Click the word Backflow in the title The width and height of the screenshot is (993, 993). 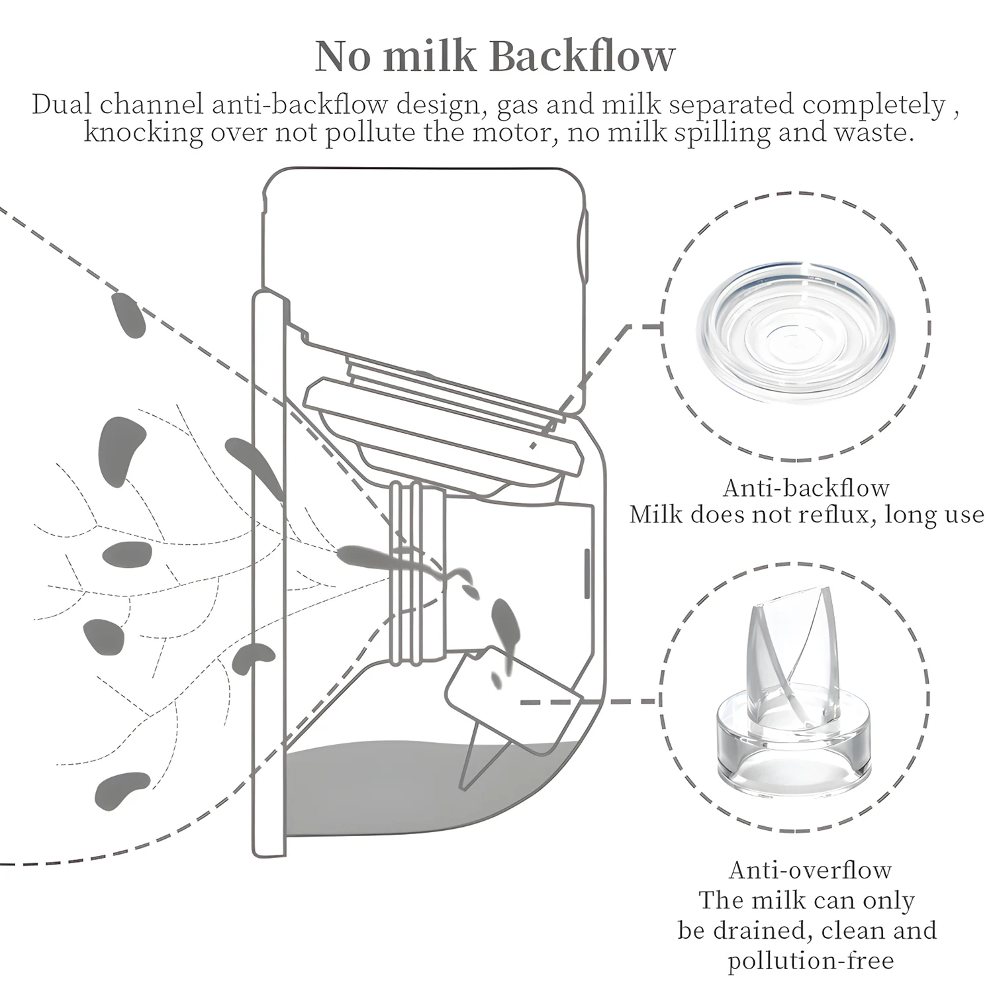coord(583,56)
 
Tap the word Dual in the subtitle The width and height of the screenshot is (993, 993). coord(62,105)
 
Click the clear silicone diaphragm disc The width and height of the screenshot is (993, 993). coord(798,328)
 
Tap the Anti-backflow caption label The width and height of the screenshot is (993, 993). coord(806,488)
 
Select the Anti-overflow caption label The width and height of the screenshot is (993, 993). coord(810,869)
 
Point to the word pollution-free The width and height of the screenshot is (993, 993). coord(810,960)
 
